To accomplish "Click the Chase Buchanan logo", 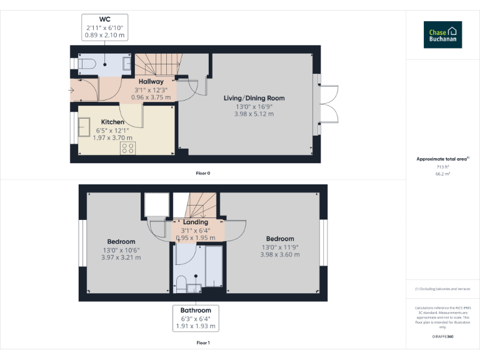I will (x=442, y=35).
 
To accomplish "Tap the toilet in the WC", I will (x=86, y=63).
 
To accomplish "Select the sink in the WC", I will (x=127, y=64).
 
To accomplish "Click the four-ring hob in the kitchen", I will (x=128, y=147).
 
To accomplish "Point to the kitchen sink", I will (x=84, y=128).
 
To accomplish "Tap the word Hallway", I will (x=151, y=81).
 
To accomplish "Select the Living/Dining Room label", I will (x=254, y=98).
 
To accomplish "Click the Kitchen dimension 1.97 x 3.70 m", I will (x=112, y=137).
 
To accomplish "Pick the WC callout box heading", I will (x=105, y=19).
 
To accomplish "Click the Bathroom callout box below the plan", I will (x=196, y=318).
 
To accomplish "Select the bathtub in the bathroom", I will (x=214, y=269).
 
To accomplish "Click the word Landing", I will (x=195, y=222).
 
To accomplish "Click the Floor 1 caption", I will (x=203, y=342).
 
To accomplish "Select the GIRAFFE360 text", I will (x=442, y=337).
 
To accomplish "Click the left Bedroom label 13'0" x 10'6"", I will (x=121, y=250).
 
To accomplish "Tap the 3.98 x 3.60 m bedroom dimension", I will (x=279, y=254).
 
